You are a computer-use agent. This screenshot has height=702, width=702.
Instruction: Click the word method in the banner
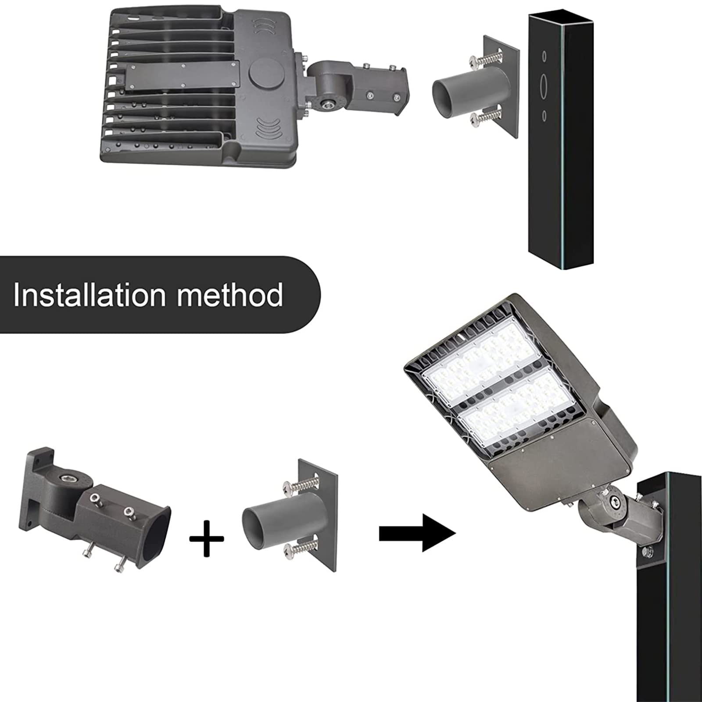(230, 294)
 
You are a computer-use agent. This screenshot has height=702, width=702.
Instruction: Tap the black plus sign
(207, 539)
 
